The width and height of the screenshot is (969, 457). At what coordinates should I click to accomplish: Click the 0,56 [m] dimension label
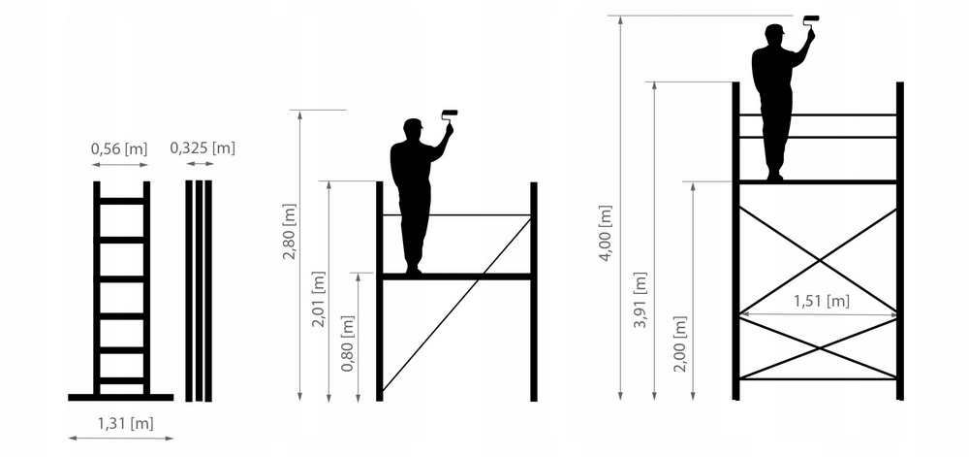(x=119, y=149)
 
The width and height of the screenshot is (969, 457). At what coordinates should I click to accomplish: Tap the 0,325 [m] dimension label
(x=203, y=147)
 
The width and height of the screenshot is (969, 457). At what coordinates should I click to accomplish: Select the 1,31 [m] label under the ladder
(x=125, y=424)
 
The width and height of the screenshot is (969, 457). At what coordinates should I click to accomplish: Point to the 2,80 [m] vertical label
(x=290, y=231)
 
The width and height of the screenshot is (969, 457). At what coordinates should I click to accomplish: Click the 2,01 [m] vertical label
(x=318, y=299)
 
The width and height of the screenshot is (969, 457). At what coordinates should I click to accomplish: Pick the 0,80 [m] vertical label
(x=348, y=343)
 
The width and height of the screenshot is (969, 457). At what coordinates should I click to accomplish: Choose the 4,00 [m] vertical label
(x=606, y=233)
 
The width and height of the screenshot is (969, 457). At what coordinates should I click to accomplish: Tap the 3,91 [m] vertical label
(x=641, y=300)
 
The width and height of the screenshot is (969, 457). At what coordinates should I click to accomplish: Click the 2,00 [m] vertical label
(x=680, y=343)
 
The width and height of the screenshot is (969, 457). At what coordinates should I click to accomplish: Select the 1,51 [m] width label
(x=822, y=301)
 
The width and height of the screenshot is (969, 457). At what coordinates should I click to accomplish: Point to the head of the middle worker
(x=412, y=128)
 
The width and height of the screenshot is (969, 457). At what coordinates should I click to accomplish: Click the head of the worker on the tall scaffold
(x=773, y=34)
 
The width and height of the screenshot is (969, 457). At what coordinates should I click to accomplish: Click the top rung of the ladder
(x=122, y=201)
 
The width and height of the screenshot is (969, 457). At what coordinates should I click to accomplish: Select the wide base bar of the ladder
(x=120, y=397)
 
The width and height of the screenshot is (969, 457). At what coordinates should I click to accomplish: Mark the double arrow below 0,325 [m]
(x=201, y=164)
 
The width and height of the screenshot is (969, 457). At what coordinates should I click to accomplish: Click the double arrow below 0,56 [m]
(x=120, y=165)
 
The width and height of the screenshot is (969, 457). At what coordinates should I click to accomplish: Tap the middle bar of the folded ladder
(x=199, y=291)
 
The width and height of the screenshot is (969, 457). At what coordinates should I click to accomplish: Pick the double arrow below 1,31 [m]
(x=121, y=438)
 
